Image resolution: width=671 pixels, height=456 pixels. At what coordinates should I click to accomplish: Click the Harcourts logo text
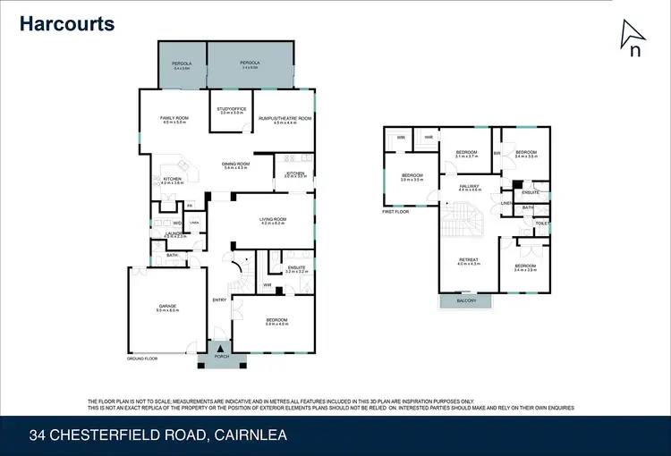[68, 23]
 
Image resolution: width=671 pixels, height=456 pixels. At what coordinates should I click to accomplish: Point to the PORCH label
[221, 357]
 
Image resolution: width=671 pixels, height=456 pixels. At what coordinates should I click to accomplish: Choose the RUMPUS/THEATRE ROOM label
[285, 118]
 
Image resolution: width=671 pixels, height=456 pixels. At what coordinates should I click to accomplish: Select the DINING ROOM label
[235, 165]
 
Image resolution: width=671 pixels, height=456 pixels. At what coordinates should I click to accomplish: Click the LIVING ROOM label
[272, 219]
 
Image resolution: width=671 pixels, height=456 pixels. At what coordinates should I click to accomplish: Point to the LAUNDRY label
[174, 232]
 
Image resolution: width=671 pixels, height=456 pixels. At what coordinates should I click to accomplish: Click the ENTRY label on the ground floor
[219, 300]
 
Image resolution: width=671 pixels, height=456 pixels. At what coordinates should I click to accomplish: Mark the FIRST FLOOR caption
[395, 212]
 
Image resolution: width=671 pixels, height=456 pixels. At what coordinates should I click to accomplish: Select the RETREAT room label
[469, 260]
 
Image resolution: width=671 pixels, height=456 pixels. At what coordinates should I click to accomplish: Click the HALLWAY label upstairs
[470, 186]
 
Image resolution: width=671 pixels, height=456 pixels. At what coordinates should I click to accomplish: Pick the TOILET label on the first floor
[541, 223]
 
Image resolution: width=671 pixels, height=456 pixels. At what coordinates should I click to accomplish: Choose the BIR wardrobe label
[497, 153]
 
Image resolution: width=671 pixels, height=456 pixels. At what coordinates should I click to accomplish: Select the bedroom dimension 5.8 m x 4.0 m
[276, 324]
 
